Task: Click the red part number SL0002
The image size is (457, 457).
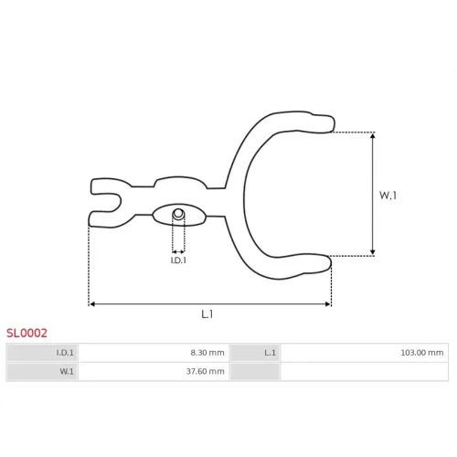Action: tap(27, 333)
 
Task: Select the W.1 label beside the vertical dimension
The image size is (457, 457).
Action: tap(388, 196)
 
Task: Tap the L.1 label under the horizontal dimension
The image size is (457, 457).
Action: tap(207, 314)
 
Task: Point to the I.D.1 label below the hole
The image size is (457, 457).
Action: tap(178, 260)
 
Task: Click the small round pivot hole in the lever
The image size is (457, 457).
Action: tap(178, 214)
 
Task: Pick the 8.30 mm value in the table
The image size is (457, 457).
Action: tap(207, 353)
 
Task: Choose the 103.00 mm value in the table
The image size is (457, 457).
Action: tap(422, 353)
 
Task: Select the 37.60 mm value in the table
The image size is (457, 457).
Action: tap(206, 371)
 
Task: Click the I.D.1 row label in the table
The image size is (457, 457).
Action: tap(65, 353)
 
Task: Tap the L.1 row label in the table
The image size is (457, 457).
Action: tap(270, 353)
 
